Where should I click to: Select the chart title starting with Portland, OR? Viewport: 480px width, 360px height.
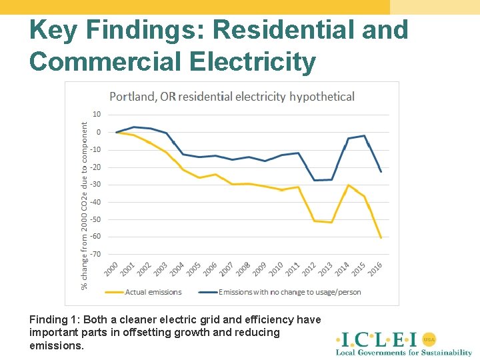coord(231,97)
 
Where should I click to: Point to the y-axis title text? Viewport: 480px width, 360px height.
coord(84,205)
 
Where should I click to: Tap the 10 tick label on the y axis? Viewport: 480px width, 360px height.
coord(97,115)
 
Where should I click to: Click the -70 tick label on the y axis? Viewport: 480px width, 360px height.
coord(95,254)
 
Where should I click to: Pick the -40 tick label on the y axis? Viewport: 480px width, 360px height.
coord(95,202)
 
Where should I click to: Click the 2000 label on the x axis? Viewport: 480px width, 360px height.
coord(111,269)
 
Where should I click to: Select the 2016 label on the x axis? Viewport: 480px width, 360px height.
coord(375,269)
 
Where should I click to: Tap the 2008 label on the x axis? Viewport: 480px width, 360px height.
coord(243,269)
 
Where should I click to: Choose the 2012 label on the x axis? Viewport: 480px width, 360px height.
coord(309,269)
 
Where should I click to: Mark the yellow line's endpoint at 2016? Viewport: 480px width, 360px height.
coord(381,237)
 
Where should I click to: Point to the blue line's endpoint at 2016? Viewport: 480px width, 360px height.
coord(381,171)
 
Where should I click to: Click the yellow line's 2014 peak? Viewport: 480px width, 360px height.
coord(348,185)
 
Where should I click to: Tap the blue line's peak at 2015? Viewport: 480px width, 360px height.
coord(364,136)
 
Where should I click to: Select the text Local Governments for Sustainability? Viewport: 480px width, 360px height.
coord(403,352)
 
